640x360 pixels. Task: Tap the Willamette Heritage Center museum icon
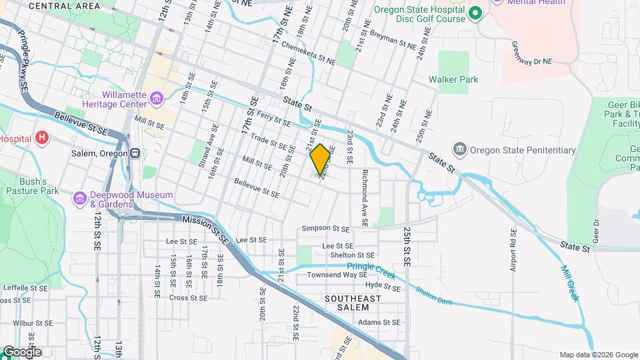pyautogui.click(x=157, y=100)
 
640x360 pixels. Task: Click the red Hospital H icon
pyautogui.click(x=43, y=138)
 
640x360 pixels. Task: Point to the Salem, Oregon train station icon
pyautogui.click(x=135, y=153)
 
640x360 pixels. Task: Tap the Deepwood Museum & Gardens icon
pyautogui.click(x=81, y=198)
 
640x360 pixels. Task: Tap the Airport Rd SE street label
pyautogui.click(x=513, y=251)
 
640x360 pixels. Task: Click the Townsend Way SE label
pyautogui.click(x=337, y=275)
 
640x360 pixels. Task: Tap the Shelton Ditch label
pyautogui.click(x=434, y=295)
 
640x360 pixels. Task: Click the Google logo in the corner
pyautogui.click(x=21, y=352)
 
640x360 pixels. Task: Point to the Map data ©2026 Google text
pyautogui.click(x=598, y=355)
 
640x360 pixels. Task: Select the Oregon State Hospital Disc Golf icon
pyautogui.click(x=475, y=13)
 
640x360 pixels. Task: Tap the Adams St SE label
pyautogui.click(x=379, y=322)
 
